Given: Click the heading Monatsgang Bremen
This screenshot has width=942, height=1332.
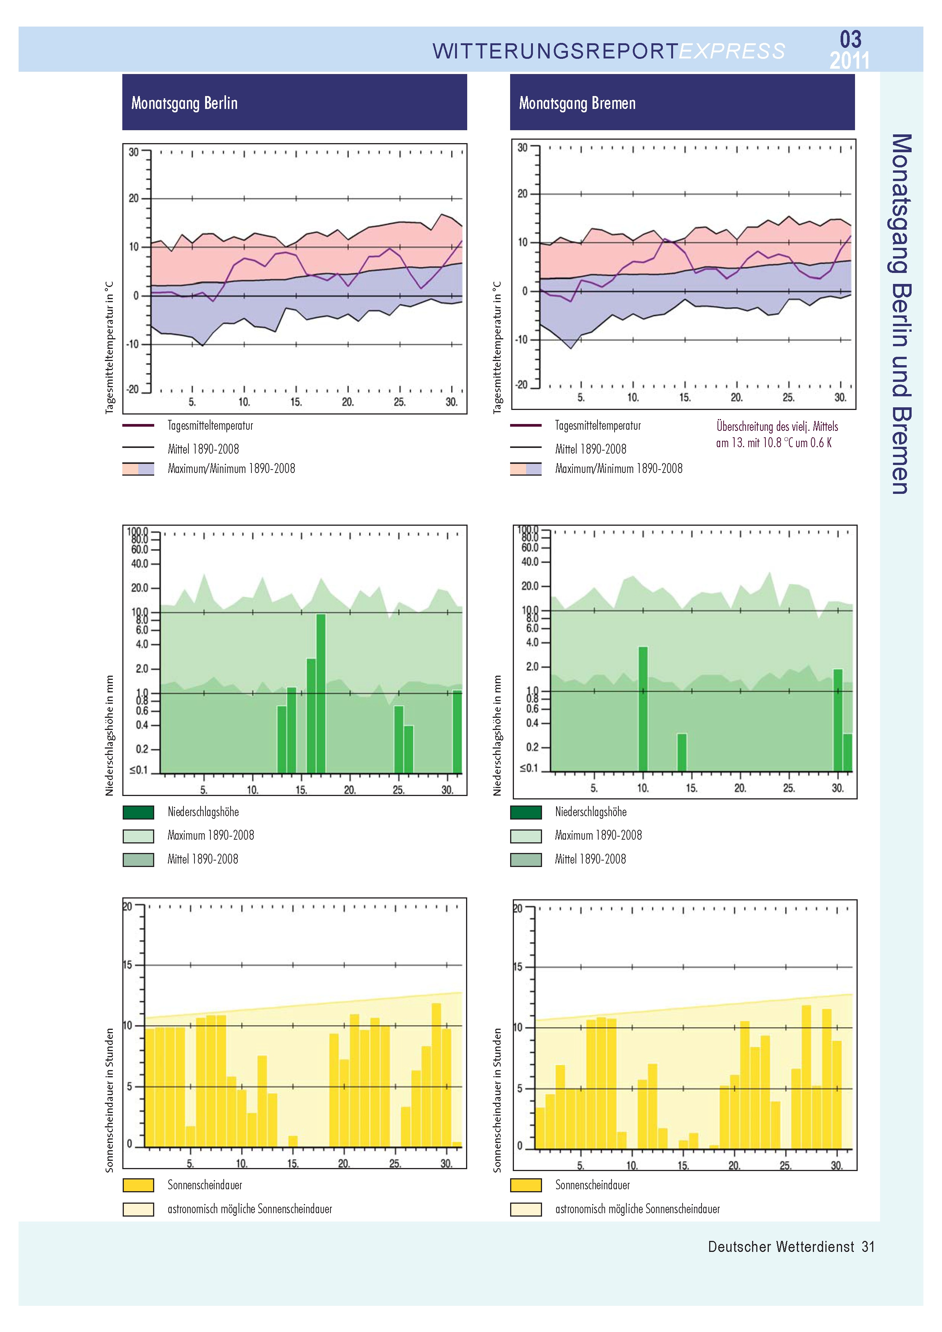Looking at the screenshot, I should coord(577,103).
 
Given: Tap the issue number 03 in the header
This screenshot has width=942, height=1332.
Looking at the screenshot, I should coord(850,39).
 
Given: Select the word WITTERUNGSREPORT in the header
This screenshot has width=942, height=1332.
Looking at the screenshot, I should coord(555,52).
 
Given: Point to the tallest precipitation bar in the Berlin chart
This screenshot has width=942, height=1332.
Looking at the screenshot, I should coord(320,693).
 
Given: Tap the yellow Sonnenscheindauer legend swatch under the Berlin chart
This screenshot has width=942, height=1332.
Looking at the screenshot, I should coord(138,1185).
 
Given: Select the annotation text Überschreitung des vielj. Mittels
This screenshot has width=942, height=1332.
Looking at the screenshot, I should coord(777,426).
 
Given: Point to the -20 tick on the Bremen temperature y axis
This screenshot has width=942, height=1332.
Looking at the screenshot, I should coord(522,385).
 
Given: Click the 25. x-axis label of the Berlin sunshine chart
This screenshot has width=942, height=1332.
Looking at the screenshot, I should coord(395,1163).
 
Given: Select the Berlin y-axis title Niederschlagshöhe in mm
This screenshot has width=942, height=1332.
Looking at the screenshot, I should coord(109,735).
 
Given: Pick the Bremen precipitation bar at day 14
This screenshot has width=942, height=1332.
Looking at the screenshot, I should coord(682,752).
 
